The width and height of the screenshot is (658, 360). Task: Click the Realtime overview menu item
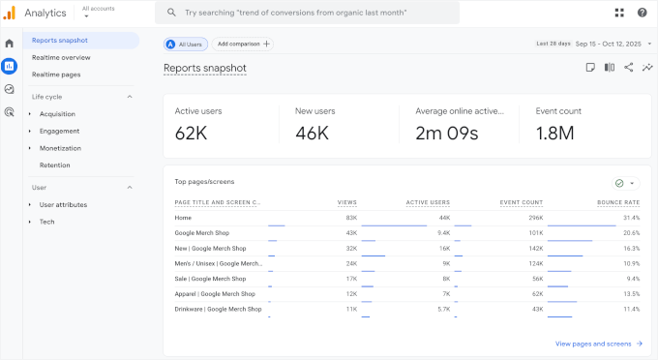(x=61, y=57)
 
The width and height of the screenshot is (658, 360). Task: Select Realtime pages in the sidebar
(x=56, y=75)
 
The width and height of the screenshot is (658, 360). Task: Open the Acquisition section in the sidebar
(x=57, y=114)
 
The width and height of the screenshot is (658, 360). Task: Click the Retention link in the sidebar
(x=54, y=165)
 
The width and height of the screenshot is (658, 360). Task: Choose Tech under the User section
(x=46, y=222)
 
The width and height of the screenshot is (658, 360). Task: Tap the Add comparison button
(x=244, y=44)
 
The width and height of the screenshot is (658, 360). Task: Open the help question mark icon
(x=642, y=13)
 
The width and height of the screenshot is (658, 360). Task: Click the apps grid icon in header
(x=619, y=13)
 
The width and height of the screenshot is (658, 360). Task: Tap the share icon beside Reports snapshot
(x=628, y=68)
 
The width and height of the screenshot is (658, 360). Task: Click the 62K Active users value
(x=192, y=133)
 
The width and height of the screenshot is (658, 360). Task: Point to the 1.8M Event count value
(x=554, y=133)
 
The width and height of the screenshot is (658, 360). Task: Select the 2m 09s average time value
(x=447, y=133)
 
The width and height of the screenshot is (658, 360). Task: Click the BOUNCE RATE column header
(x=618, y=202)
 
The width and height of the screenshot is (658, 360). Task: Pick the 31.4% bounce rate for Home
(x=631, y=218)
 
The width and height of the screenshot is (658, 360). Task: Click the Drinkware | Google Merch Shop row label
(x=218, y=309)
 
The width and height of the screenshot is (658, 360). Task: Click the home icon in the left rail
(x=10, y=44)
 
